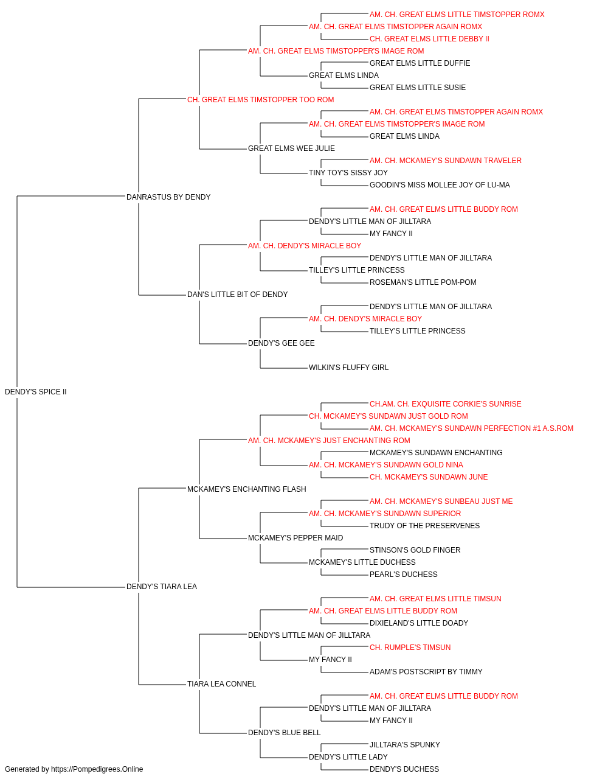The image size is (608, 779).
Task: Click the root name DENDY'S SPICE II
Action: [36, 392]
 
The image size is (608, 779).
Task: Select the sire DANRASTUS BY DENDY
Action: [168, 197]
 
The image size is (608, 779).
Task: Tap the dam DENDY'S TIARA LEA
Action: [162, 587]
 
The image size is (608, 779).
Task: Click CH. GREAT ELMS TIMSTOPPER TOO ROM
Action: [260, 100]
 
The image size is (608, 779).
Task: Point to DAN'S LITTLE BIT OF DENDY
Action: [237, 295]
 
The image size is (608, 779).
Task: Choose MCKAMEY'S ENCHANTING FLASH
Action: [247, 489]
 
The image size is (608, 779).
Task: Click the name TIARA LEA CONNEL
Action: [222, 683]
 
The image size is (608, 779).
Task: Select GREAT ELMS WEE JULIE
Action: [291, 148]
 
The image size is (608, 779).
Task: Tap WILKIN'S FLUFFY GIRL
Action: [348, 368]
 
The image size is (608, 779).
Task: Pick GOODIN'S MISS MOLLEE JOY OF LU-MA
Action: [440, 185]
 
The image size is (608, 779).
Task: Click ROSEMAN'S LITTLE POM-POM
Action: [423, 282]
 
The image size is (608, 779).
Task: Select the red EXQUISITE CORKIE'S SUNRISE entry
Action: [446, 404]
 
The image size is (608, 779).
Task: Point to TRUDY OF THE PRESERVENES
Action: [424, 526]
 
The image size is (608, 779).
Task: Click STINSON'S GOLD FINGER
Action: [415, 550]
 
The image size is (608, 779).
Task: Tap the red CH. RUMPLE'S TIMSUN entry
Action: [410, 648]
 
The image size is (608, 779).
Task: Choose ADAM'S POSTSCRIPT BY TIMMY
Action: [426, 672]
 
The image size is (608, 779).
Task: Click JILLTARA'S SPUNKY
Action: [404, 744]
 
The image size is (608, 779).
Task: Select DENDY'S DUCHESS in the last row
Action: [404, 769]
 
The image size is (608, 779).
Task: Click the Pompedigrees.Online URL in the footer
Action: [97, 769]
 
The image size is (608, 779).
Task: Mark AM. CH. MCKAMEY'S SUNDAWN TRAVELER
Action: [446, 161]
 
